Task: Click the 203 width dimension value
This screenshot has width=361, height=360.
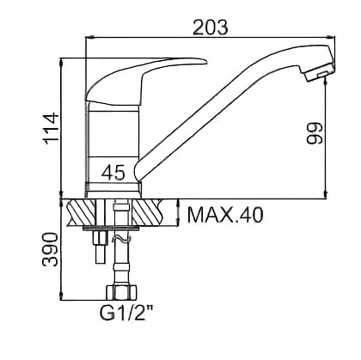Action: [x=211, y=27]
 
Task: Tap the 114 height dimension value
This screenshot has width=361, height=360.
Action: [x=51, y=129]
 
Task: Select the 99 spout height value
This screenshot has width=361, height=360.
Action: [x=315, y=133]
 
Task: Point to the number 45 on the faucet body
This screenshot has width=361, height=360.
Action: [x=113, y=173]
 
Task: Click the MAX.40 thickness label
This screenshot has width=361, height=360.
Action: [x=225, y=215]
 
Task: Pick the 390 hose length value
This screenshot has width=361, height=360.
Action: [x=51, y=249]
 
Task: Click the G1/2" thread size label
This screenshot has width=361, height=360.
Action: [x=126, y=313]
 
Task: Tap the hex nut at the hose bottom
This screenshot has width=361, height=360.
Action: [x=121, y=292]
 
